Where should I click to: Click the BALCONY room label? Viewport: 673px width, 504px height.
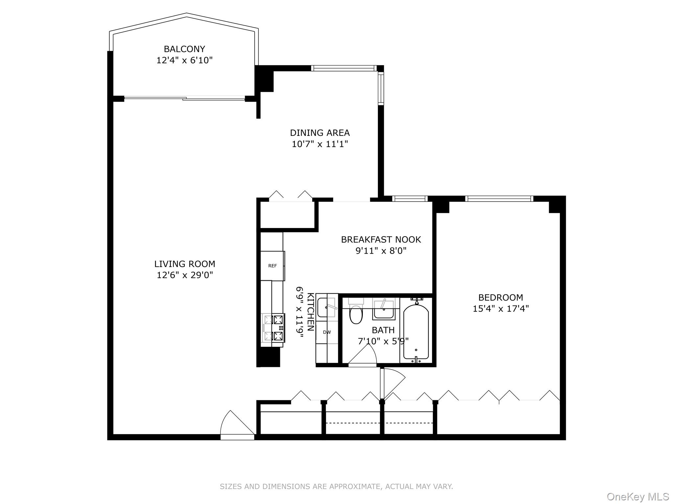(x=184, y=49)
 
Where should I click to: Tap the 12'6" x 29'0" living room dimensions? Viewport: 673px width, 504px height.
(x=185, y=275)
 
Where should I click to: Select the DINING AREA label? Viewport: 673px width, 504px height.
(x=319, y=133)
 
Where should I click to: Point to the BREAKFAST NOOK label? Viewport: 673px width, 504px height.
(x=381, y=240)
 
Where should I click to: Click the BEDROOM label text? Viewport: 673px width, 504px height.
(x=500, y=298)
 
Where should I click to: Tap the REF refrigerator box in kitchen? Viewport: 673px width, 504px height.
(x=272, y=266)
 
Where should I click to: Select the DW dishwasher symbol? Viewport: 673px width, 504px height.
(x=327, y=332)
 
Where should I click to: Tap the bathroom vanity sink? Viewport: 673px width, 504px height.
(x=383, y=310)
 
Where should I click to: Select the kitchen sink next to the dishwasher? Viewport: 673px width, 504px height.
(x=326, y=307)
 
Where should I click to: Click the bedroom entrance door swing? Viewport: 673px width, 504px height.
(x=393, y=382)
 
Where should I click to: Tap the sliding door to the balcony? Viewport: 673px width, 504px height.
(x=184, y=98)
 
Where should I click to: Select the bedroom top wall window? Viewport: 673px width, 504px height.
(x=499, y=199)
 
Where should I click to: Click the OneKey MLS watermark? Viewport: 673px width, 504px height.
(x=638, y=496)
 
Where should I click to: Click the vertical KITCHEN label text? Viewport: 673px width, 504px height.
(x=311, y=312)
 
